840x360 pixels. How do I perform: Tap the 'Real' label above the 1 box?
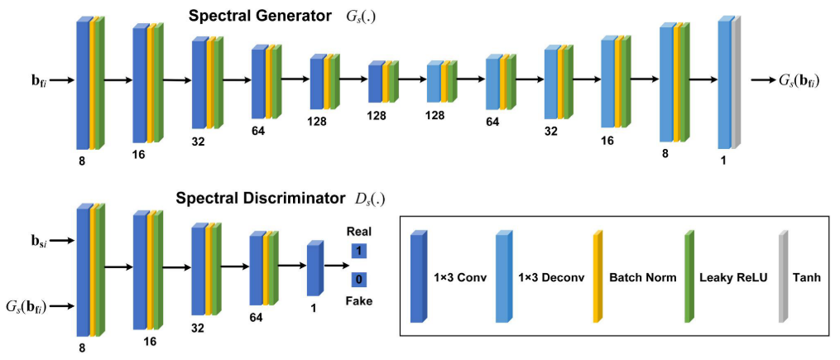point(359,233)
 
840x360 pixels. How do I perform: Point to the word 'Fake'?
point(360,300)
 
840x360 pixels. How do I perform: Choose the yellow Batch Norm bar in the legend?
point(598,276)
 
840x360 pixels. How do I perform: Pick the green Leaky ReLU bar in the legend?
point(688,276)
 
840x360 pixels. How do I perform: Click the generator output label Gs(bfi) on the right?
point(800,81)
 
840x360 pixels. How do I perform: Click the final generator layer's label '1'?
point(724,160)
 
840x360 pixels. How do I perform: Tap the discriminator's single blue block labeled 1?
point(313,268)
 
